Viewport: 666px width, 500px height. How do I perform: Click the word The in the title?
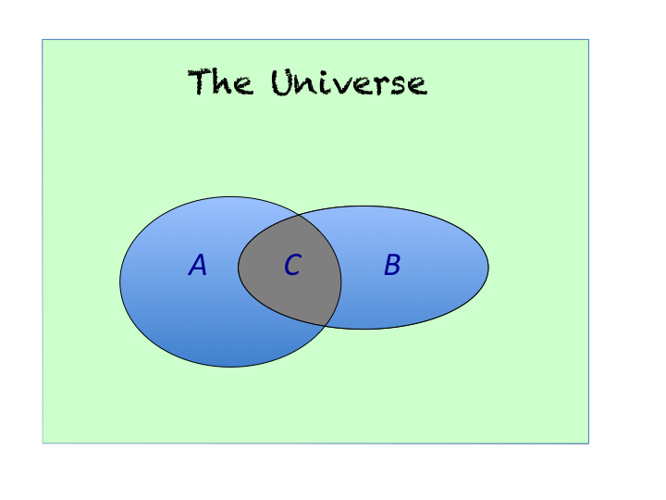(220, 83)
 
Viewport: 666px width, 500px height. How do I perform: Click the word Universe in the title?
(349, 83)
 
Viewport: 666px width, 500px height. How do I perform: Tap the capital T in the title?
(199, 82)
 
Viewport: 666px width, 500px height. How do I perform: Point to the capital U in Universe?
(282, 83)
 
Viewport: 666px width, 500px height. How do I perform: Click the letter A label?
(198, 266)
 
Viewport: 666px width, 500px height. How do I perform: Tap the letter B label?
(392, 266)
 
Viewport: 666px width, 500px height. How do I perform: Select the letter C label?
(292, 266)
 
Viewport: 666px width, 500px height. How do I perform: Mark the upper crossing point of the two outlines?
(302, 217)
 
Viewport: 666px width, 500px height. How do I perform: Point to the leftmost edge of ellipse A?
(120, 281)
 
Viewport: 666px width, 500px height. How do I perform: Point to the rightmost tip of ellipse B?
(488, 268)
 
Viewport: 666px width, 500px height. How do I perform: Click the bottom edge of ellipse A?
(230, 367)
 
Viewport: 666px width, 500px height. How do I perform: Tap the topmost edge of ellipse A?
(230, 196)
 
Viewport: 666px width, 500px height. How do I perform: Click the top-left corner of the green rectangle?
(43, 40)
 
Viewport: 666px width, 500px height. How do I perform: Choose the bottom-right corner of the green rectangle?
(588, 444)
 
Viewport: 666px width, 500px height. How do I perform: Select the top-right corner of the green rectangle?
(588, 40)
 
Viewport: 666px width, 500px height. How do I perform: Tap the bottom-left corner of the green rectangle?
(43, 444)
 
